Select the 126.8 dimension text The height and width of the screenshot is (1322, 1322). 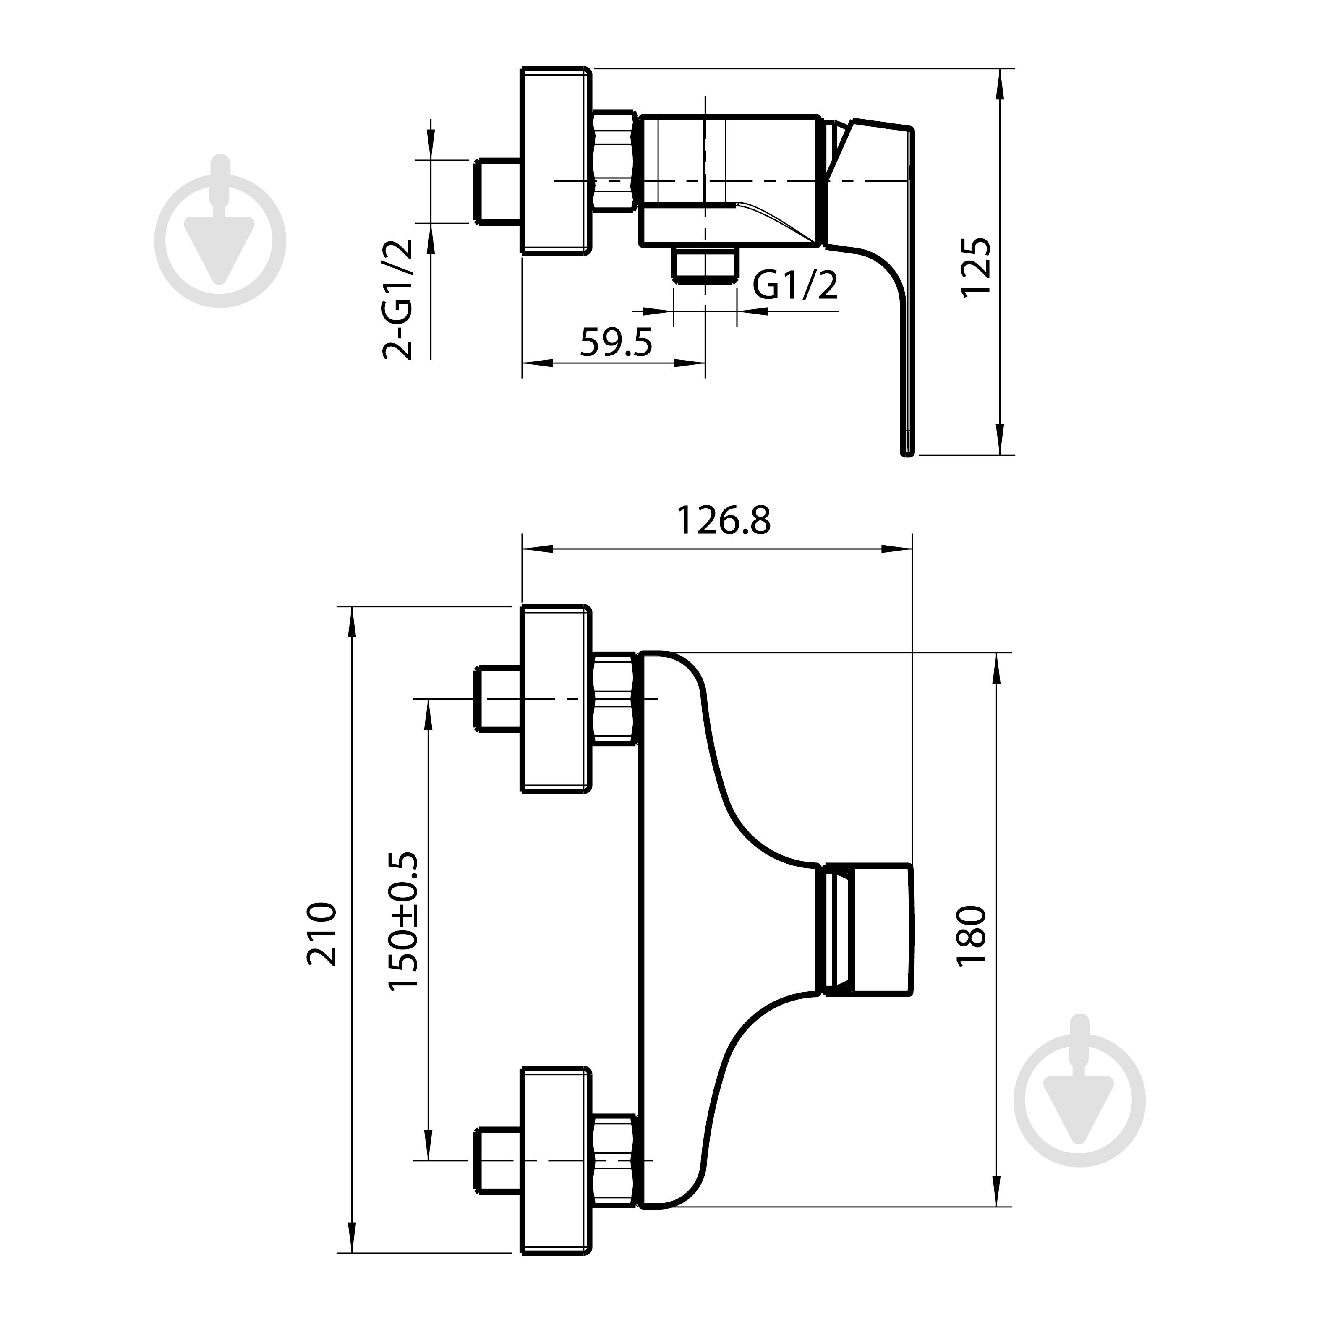point(723,521)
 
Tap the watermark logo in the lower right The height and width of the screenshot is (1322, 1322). point(1080,1092)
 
